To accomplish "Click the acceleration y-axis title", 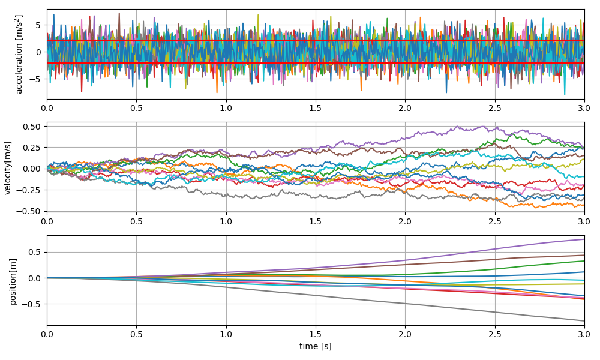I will (19, 54).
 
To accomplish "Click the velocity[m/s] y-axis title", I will (8, 167).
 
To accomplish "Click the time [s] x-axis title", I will (316, 346).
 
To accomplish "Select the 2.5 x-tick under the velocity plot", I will (495, 220).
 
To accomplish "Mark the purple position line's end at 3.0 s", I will (584, 239).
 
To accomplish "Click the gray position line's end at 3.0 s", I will (584, 320).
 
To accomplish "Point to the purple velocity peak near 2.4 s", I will (480, 127).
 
